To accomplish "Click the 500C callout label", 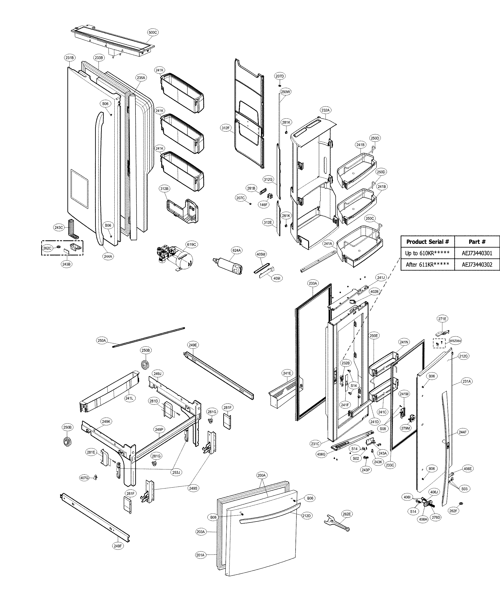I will pos(153,33).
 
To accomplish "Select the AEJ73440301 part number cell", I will pos(477,253).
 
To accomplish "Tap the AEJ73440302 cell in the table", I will pos(477,264).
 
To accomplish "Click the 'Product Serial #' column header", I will pos(427,242).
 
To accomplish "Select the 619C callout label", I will pos(191,244).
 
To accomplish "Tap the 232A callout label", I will pos(325,110).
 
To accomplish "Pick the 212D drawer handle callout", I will pos(306,516).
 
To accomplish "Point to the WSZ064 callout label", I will pos(455,341).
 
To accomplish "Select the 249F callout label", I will pos(118,546).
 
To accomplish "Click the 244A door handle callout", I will pos(108,256).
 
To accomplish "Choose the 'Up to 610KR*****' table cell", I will pos(427,253).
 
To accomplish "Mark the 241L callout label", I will pos(129,398).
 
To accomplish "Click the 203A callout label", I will pos(200,532).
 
